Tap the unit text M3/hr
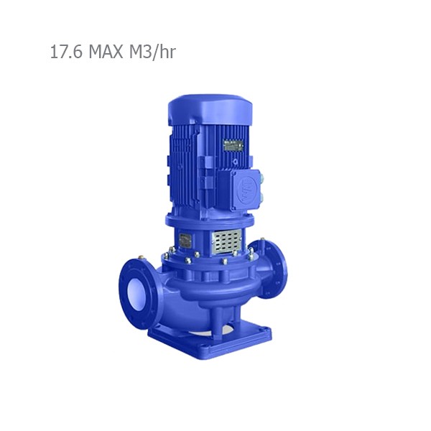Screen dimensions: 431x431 pos(150,52)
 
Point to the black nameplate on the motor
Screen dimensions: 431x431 pos(232,145)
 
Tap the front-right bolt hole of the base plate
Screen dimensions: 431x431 pos(267,332)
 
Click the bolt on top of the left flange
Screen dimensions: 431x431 pos(144,256)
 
